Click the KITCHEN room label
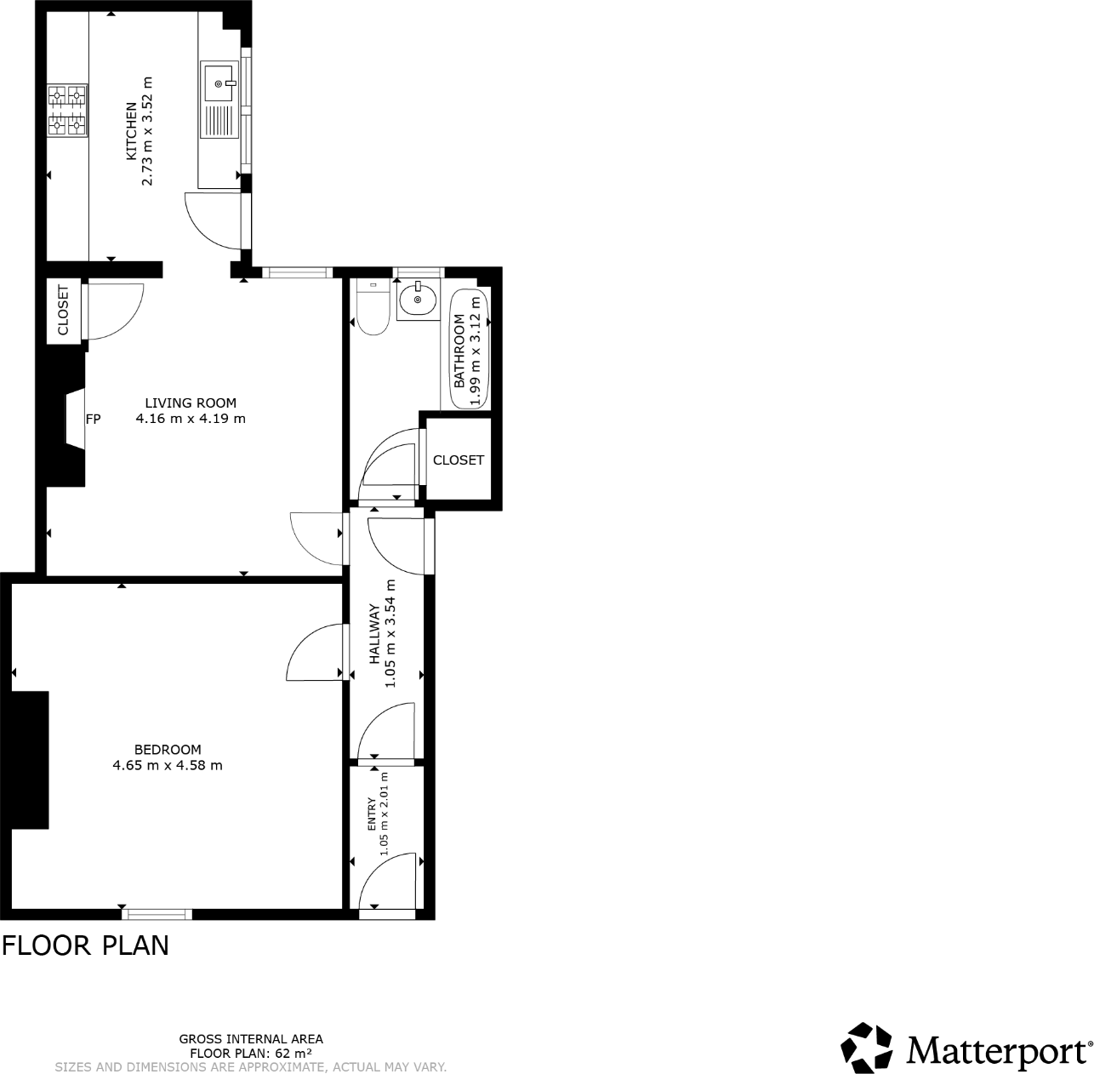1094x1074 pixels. [x=131, y=132]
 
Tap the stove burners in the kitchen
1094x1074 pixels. [x=67, y=110]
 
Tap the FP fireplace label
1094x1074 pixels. [x=93, y=419]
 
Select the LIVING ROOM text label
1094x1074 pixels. [x=191, y=403]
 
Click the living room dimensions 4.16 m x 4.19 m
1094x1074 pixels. [x=191, y=419]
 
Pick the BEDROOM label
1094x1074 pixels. [x=168, y=750]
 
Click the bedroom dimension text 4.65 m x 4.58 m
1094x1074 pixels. [x=168, y=765]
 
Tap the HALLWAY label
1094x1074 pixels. [x=373, y=634]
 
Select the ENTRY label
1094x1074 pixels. [x=371, y=814]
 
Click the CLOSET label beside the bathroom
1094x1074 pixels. [x=459, y=460]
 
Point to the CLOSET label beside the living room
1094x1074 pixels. [x=63, y=311]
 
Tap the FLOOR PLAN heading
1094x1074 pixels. [x=85, y=945]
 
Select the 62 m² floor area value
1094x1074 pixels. [x=281, y=1053]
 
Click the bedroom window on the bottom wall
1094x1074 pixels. [x=157, y=914]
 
